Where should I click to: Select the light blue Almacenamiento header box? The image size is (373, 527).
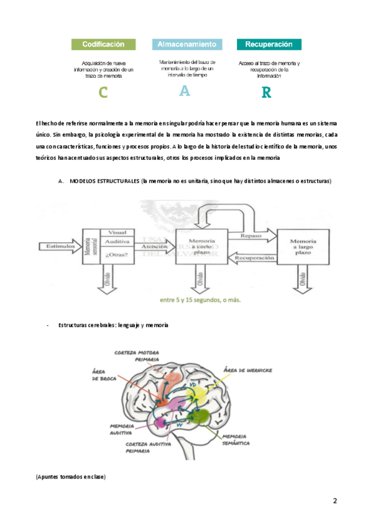tap(186, 45)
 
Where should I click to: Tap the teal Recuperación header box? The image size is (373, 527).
tap(269, 45)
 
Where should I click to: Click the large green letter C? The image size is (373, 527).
tap(103, 93)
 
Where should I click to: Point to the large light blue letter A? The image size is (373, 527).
tap(185, 91)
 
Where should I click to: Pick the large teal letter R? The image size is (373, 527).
tap(267, 93)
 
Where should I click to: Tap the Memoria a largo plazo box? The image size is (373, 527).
tap(303, 247)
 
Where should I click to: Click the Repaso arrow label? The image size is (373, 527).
tap(250, 237)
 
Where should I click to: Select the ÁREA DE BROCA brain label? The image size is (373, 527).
tap(104, 373)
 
